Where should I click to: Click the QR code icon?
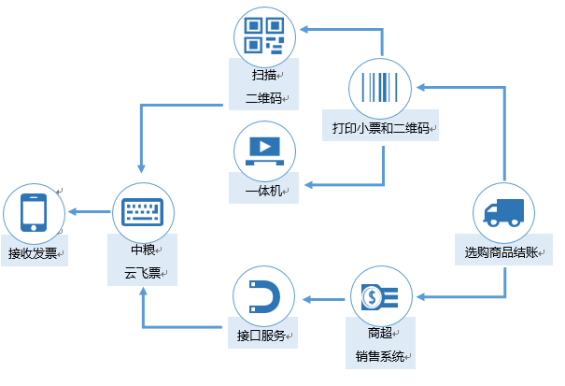tap(263, 35)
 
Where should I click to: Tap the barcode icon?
tap(381, 87)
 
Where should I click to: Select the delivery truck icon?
tap(503, 214)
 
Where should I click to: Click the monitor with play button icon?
tap(263, 150)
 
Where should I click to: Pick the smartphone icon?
tap(34, 212)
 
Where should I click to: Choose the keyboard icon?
tap(143, 212)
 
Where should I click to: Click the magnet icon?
tap(264, 298)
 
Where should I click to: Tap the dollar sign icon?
tap(381, 298)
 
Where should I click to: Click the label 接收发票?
tap(33, 253)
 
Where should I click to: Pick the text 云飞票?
tap(142, 275)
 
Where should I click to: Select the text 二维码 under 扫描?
tap(263, 96)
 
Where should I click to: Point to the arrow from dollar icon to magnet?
tap(323, 299)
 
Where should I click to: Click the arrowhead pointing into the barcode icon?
tap(422, 87)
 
